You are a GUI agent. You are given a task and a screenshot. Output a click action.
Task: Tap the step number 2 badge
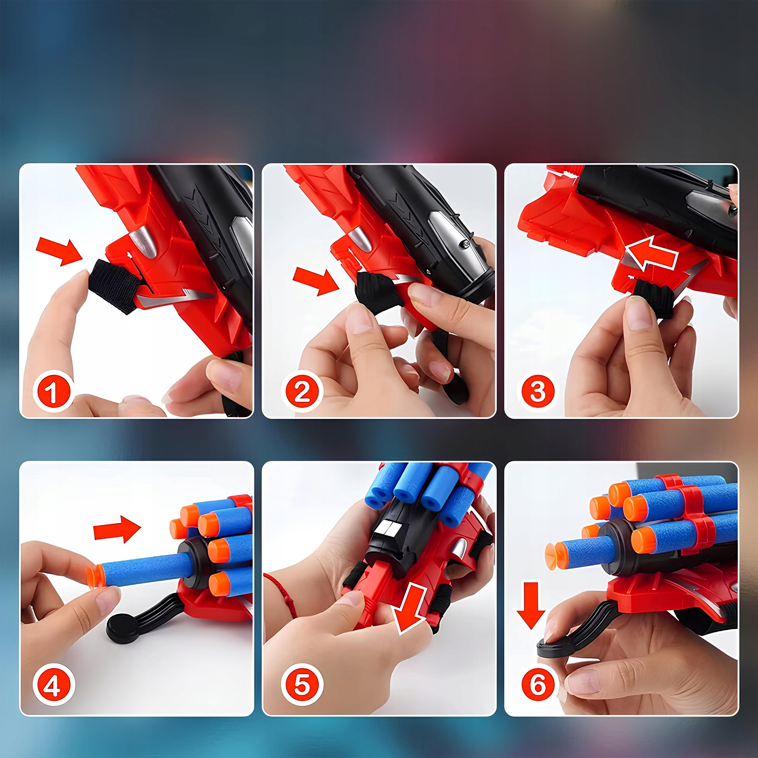pyautogui.click(x=302, y=391)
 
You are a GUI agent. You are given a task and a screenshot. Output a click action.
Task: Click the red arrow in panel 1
pyautogui.click(x=59, y=251)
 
